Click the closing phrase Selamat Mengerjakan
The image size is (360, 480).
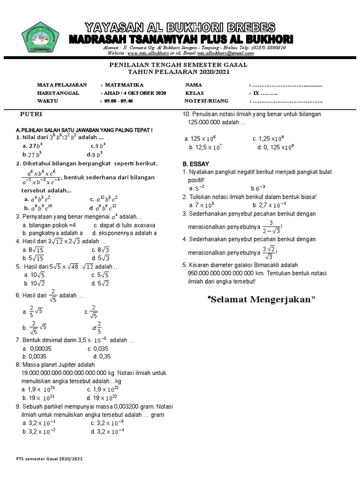(x=262, y=300)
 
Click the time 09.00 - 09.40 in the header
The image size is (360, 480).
(x=120, y=101)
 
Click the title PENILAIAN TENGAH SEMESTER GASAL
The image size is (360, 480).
(x=178, y=65)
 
